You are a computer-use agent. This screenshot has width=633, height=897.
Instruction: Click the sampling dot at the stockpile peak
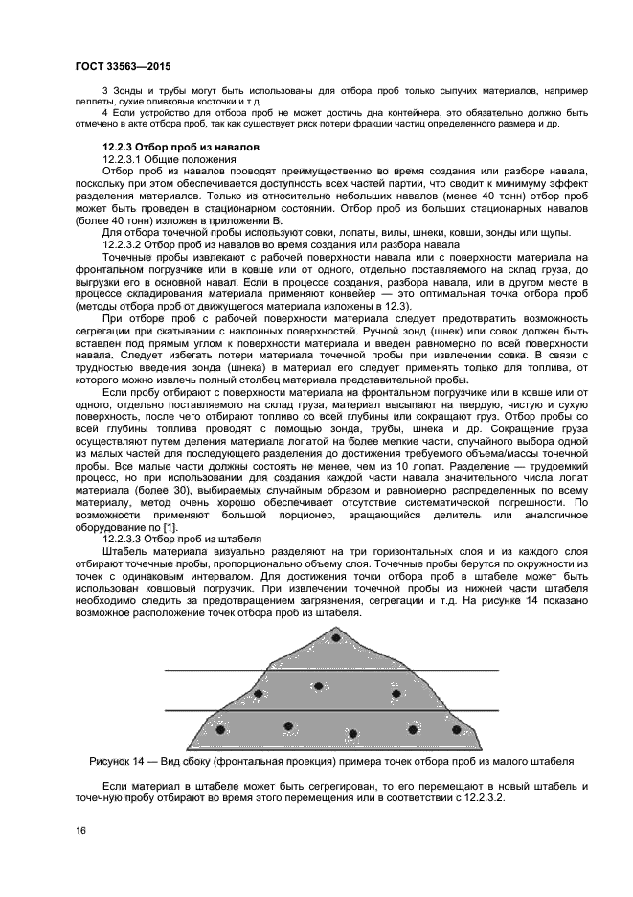(x=335, y=637)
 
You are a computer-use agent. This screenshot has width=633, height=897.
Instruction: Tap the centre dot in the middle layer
(x=318, y=686)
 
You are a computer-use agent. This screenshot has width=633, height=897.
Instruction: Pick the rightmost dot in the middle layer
(x=395, y=693)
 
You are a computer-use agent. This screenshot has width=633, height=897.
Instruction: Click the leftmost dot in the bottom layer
(x=220, y=730)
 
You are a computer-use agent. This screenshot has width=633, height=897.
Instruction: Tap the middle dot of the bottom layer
(x=352, y=734)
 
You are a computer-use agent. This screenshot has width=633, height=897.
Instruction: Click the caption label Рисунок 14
(x=114, y=762)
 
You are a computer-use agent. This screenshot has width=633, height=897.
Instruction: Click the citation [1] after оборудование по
(x=170, y=527)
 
